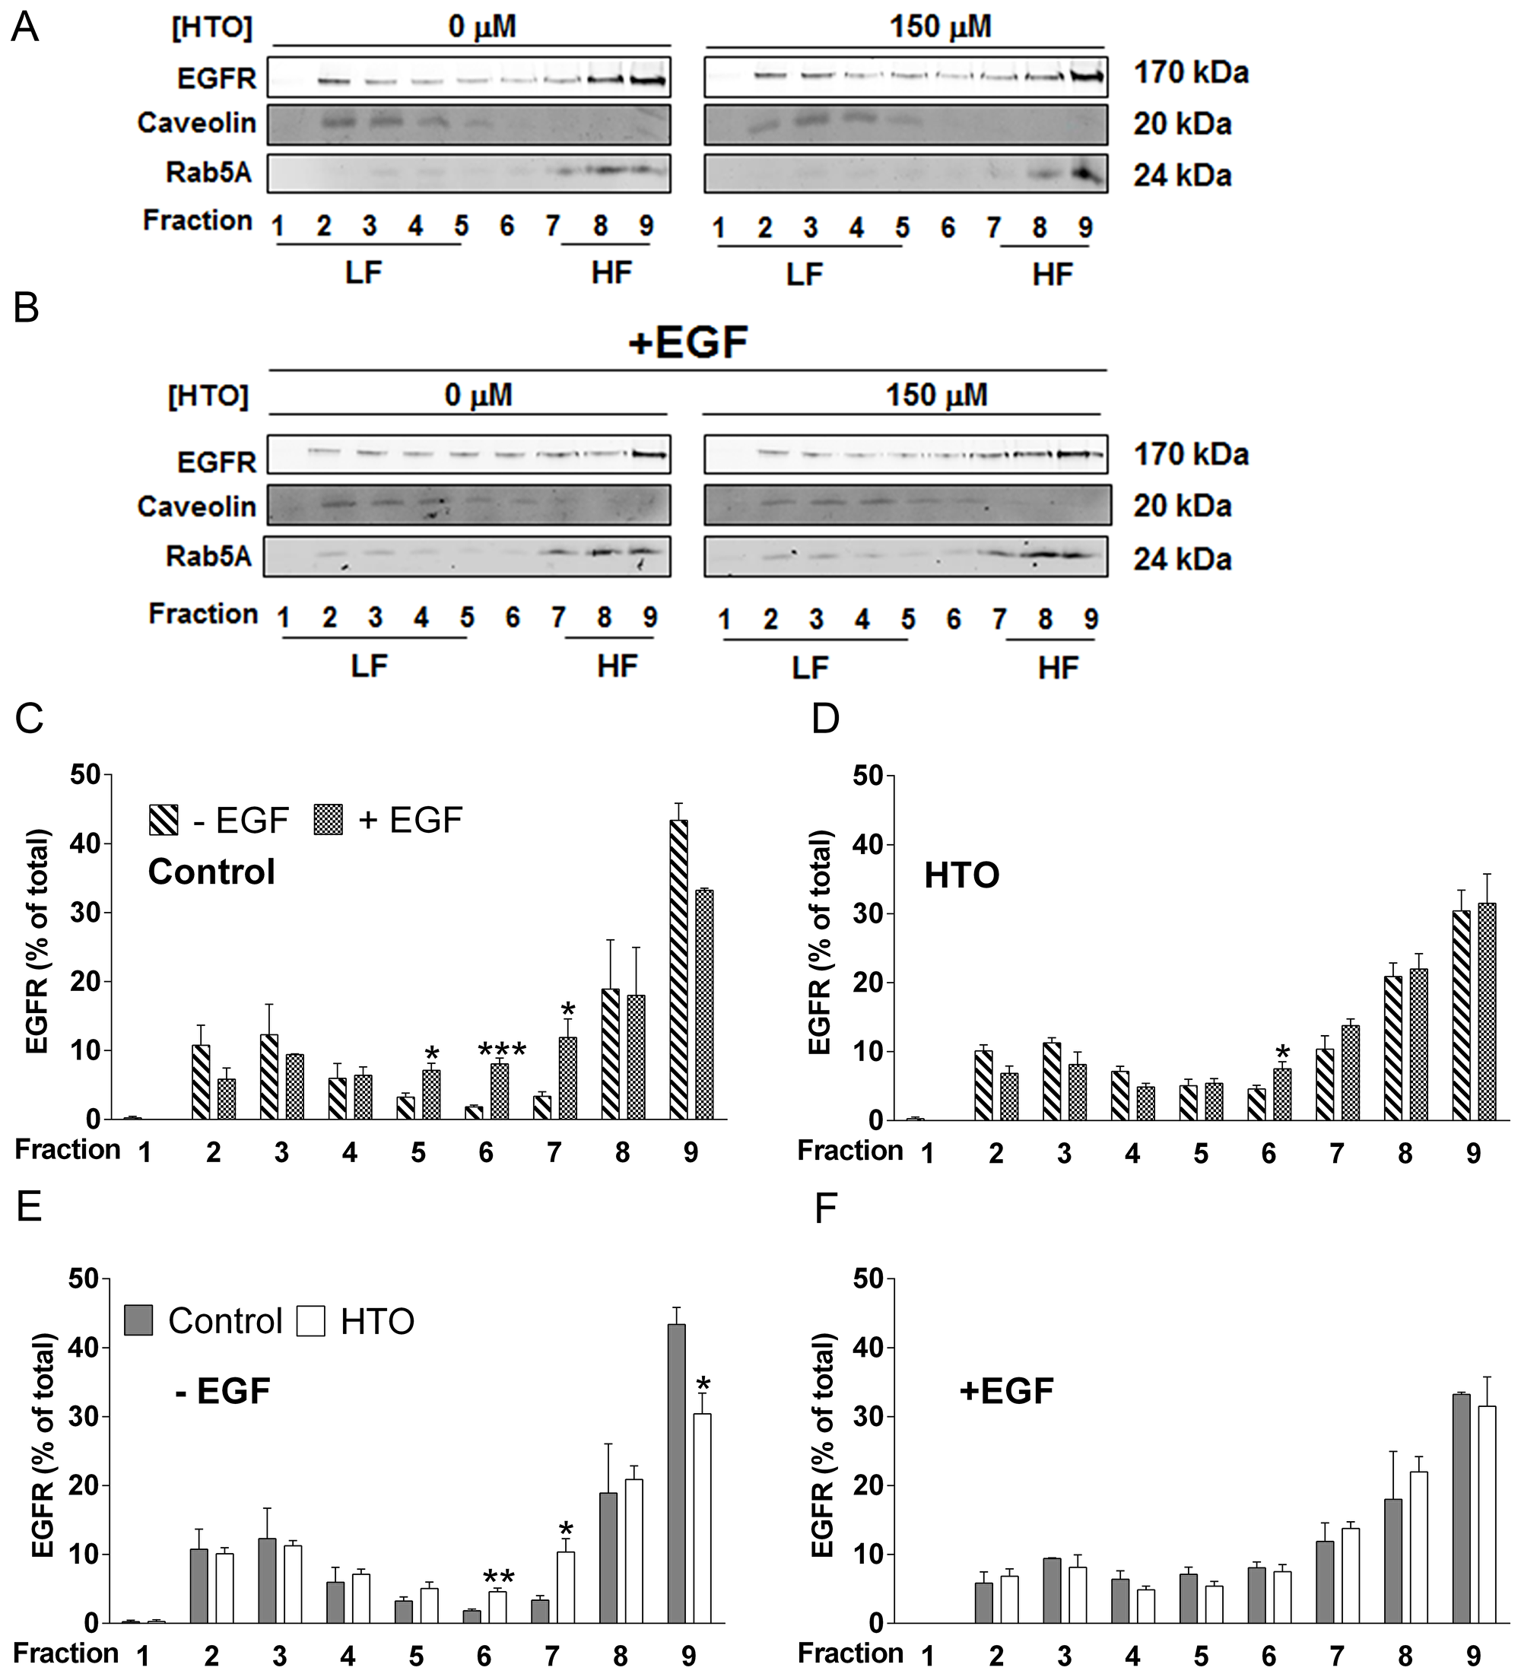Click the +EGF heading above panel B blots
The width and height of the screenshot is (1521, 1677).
[687, 342]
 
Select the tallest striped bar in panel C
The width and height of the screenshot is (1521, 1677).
[678, 969]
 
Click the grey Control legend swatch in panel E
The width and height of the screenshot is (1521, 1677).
[139, 1320]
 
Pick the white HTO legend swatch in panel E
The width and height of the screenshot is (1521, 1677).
[310, 1320]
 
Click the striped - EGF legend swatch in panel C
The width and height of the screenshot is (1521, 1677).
[164, 819]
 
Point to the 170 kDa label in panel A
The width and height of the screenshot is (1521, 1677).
[1191, 73]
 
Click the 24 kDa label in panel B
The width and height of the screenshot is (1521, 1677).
[1182, 559]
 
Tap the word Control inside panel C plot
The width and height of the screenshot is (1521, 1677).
[211, 872]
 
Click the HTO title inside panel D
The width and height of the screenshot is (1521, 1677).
[961, 876]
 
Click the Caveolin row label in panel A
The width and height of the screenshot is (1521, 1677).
[196, 123]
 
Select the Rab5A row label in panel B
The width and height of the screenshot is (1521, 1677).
[208, 556]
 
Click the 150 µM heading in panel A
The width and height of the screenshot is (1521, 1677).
[940, 27]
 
